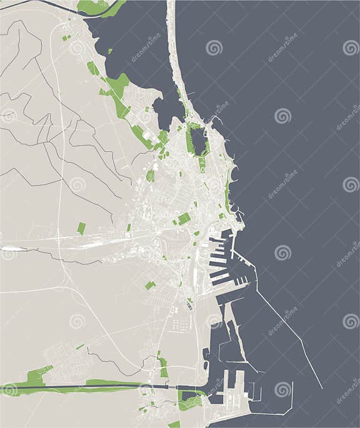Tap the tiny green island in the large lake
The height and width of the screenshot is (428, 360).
click(110, 51)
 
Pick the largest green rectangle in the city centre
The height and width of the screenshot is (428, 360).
click(184, 219)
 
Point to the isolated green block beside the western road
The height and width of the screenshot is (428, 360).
click(81, 229)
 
